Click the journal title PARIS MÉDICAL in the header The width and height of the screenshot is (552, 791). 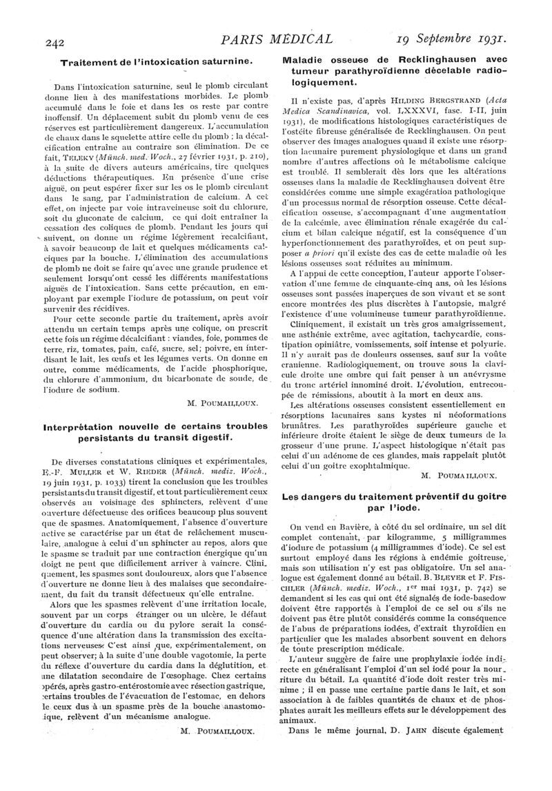point(275,39)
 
